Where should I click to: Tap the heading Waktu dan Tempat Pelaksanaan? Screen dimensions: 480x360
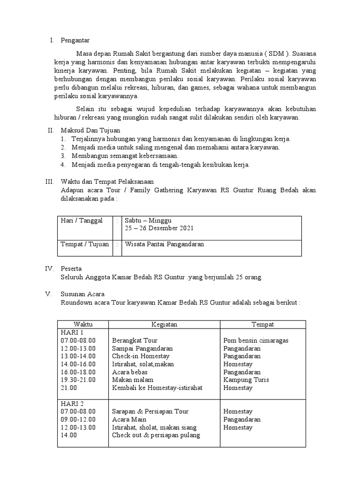[107, 181]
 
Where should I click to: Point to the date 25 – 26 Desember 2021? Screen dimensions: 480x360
[159, 228]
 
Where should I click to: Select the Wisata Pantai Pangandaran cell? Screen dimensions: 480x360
[164, 245]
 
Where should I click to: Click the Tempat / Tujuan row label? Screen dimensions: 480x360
[84, 245]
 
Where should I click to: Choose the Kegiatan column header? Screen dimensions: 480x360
[164, 324]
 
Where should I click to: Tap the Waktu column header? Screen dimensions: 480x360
[83, 324]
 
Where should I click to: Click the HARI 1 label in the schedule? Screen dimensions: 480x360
[70, 332]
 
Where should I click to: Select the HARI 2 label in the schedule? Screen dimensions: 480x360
[70, 403]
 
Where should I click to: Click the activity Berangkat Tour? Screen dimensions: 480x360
[135, 340]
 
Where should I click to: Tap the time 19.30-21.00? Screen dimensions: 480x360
[78, 380]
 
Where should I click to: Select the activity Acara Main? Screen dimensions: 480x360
[129, 419]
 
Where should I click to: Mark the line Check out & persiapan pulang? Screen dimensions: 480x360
[156, 435]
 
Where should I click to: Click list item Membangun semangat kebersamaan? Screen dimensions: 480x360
[125, 156]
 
